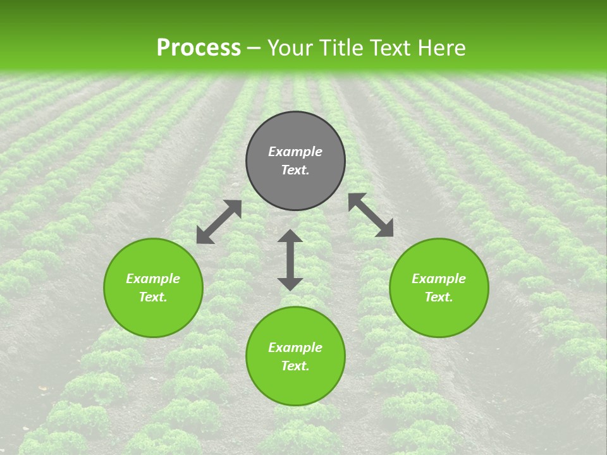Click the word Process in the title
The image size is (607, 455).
tap(199, 48)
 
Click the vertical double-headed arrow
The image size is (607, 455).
tap(290, 260)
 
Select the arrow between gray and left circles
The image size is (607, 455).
tap(219, 222)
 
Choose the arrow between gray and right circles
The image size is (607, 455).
tap(371, 215)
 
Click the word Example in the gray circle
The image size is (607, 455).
tap(295, 152)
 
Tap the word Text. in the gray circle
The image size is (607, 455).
tap(295, 170)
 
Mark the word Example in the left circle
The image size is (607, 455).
tap(153, 279)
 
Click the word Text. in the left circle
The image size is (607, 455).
tap(153, 297)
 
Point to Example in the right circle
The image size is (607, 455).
tap(439, 279)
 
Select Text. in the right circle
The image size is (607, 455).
tap(439, 297)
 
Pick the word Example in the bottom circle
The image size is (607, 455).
tap(295, 348)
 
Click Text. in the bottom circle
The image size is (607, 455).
tap(295, 366)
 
